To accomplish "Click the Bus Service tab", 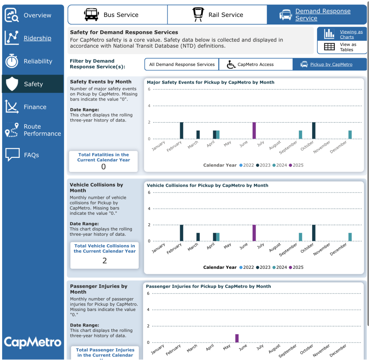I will pos(117,15).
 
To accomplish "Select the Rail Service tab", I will pos(217,15).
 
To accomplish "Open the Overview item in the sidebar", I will pos(33,15).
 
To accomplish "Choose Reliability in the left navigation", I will pos(33,61).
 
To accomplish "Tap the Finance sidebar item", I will pos(33,107).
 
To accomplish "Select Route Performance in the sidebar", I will pos(33,130).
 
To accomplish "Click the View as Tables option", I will pos(342,47).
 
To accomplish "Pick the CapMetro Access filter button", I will pos(255,65).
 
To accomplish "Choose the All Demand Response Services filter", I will pos(182,65).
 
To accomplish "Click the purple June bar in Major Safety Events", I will pos(254,130).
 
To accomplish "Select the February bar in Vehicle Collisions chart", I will pos(182,233).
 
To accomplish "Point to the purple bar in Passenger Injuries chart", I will pos(237,338).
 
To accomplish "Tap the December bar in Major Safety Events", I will pos(350,134).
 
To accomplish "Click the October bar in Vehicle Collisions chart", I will pos(314,233).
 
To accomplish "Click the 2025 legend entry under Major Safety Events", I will pos(295,165).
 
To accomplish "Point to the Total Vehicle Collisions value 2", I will pos(105,261).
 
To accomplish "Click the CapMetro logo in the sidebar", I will pos(33,342).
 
